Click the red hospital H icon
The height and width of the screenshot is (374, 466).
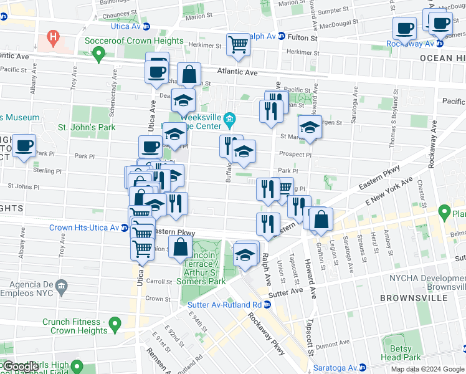pos(53,37)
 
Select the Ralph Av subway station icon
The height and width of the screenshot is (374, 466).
pos(281,37)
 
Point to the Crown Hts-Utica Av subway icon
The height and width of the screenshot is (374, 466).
pos(125,228)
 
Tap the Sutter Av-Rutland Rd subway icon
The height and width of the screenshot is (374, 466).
pos(267,305)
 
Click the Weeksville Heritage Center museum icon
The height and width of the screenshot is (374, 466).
pos(229,118)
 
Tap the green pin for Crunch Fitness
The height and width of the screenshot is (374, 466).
pos(114,324)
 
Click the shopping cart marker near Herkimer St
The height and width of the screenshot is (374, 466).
pos(238,45)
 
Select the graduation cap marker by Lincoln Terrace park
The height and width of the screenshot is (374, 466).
pos(245,254)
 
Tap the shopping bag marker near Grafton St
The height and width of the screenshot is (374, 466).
pos(322,220)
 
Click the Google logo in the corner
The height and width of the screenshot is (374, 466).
pos(21,367)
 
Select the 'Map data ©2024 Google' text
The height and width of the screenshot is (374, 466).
pos(427,369)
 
